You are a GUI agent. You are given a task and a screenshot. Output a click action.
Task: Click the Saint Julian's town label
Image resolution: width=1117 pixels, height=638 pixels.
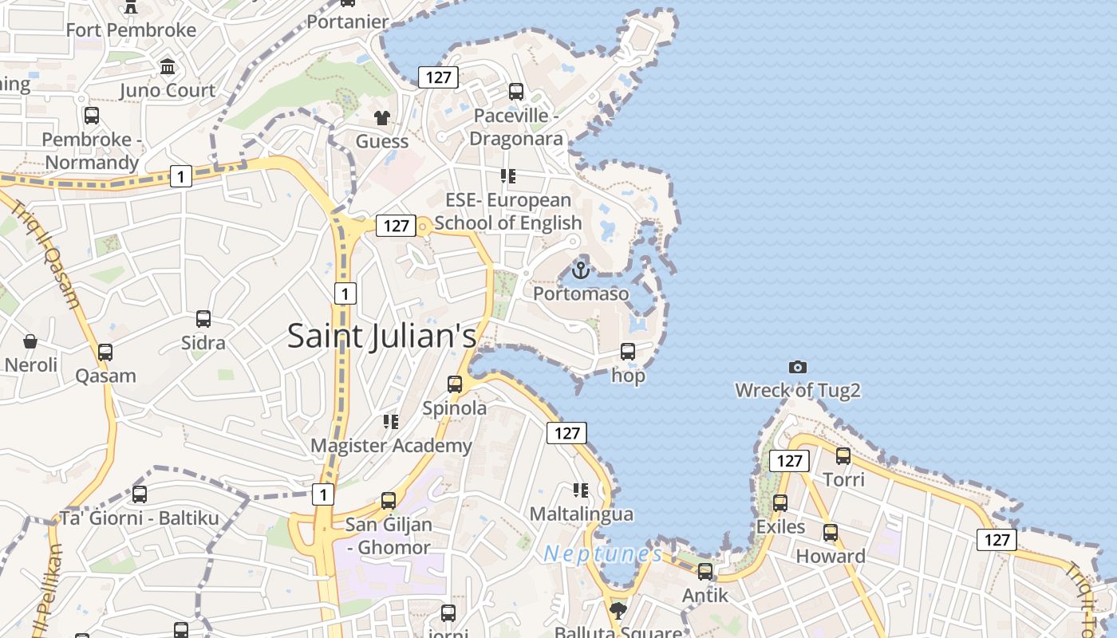coord(381,336)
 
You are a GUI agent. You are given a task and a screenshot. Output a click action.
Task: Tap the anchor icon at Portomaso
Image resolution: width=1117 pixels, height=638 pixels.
coord(580,270)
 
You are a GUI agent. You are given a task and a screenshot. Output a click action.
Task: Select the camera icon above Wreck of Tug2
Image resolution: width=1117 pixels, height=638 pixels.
coord(797,367)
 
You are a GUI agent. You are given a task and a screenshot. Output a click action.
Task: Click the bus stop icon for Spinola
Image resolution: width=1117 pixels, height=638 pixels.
coord(455,384)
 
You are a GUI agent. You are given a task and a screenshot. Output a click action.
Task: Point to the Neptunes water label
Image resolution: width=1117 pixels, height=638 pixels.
coord(602,553)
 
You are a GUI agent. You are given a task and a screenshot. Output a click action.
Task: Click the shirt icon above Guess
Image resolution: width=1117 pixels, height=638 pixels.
coord(382,118)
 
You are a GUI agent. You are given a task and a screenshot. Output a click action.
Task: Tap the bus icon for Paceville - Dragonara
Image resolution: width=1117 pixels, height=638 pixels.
coord(516,91)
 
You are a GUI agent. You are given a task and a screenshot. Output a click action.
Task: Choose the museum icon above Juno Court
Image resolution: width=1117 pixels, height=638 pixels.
coord(168,66)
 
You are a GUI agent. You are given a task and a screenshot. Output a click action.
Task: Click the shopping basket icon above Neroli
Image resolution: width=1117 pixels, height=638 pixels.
coord(30,341)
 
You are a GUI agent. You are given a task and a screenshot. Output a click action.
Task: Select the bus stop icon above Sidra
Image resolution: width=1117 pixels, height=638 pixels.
coord(203,319)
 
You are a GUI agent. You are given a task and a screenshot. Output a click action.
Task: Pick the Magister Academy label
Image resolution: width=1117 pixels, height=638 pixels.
coord(391,446)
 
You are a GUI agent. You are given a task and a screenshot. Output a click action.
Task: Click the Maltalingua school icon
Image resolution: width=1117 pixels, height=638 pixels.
coord(581,490)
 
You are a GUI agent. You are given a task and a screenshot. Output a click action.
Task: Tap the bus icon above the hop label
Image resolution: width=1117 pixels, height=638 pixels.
coord(628,351)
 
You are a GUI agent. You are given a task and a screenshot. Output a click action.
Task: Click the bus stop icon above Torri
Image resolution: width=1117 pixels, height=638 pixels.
coord(843,456)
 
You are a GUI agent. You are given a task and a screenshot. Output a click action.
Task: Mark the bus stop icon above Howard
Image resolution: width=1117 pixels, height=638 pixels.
coord(831,532)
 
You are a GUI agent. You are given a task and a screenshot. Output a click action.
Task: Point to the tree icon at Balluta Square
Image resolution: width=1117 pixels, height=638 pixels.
coord(618,611)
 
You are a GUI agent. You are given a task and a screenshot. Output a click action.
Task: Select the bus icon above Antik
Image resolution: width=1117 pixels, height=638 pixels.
coord(705,571)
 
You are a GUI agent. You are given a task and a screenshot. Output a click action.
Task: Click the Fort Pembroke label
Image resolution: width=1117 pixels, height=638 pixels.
coord(131,30)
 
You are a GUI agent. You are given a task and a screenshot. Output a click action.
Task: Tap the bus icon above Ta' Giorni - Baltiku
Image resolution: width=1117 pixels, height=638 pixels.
coord(140,494)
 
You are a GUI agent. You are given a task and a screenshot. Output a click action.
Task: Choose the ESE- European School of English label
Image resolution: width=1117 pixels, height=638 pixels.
coord(508,211)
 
